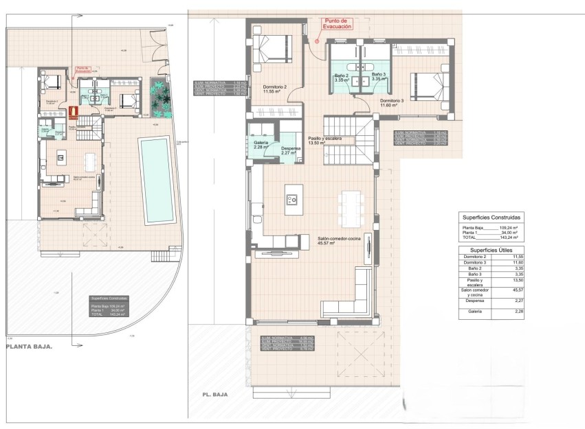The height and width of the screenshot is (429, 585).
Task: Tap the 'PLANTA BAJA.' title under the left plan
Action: pos(29,347)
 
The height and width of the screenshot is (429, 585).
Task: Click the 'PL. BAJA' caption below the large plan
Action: pos(214,395)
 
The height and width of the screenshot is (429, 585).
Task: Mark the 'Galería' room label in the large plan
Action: pos(261,143)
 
